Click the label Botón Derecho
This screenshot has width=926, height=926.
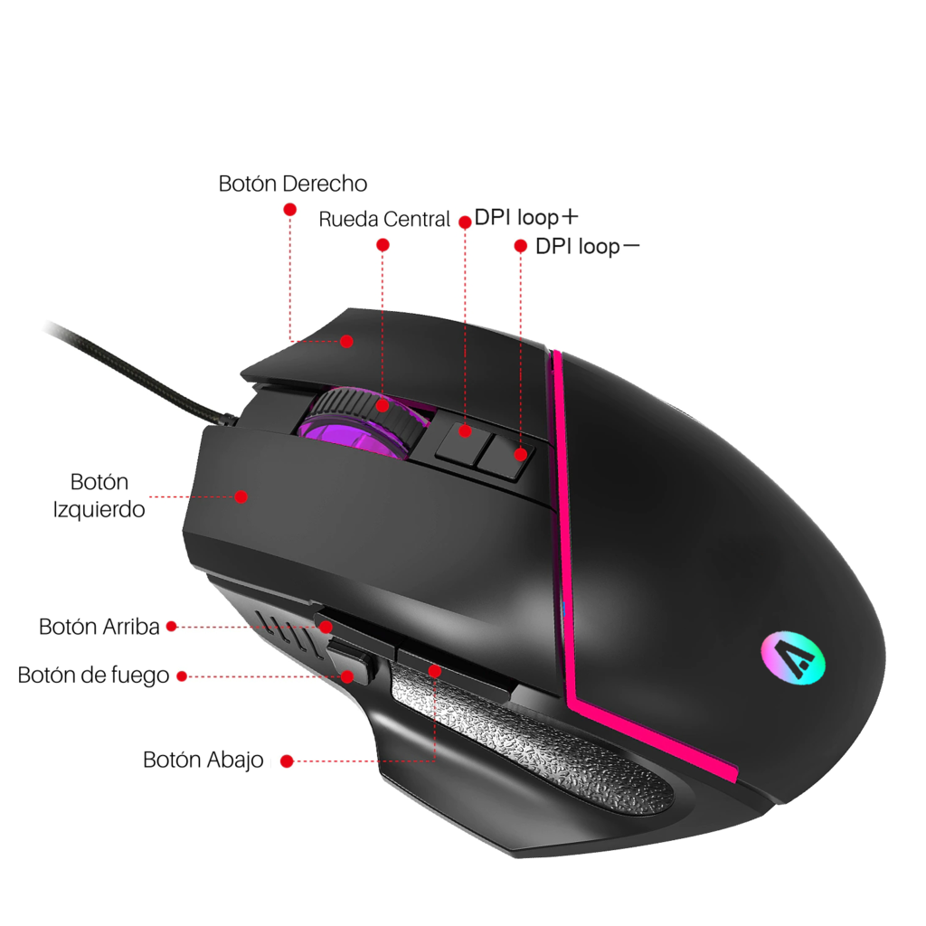click(x=293, y=184)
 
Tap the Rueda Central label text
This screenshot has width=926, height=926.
click(x=384, y=219)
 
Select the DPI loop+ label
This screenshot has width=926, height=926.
click(x=526, y=217)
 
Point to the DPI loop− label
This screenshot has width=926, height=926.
click(x=588, y=246)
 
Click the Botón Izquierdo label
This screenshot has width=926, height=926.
click(x=99, y=496)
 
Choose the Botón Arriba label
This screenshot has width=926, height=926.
click(x=99, y=627)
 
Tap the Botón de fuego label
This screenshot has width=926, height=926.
click(x=93, y=676)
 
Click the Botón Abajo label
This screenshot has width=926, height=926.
click(x=203, y=760)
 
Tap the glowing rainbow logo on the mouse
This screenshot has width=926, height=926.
click(x=792, y=658)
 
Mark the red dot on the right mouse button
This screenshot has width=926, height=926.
click(x=346, y=341)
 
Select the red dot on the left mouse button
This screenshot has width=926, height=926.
click(x=241, y=496)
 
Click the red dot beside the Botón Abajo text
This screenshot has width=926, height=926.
click(x=287, y=761)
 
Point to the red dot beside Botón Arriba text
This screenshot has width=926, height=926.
click(x=172, y=627)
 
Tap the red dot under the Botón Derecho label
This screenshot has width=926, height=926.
click(x=290, y=210)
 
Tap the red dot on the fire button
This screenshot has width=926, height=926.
click(x=348, y=676)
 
